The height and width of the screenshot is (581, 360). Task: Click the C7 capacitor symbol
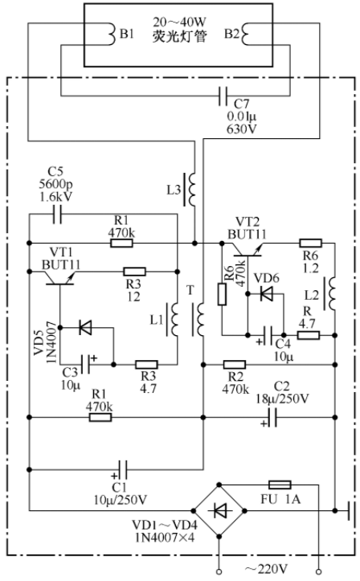(x=223, y=96)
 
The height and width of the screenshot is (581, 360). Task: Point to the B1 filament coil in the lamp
(x=112, y=34)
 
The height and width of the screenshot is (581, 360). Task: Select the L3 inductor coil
(x=192, y=190)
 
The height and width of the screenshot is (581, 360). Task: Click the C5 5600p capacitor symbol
(x=57, y=215)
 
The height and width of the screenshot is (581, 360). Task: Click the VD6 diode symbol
(x=266, y=294)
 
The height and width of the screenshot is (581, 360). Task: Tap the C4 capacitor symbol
(x=269, y=335)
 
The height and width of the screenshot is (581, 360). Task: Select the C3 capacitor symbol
(x=86, y=364)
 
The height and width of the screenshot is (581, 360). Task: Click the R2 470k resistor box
(x=235, y=365)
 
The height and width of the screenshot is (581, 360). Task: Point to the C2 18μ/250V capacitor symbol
(x=272, y=418)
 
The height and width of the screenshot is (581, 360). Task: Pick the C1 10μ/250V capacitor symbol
(x=123, y=470)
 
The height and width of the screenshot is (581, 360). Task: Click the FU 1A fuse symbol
(x=280, y=485)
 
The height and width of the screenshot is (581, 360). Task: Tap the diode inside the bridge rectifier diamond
(x=220, y=511)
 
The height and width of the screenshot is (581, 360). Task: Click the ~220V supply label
(x=265, y=569)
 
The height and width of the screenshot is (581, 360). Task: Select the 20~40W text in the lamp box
(x=179, y=23)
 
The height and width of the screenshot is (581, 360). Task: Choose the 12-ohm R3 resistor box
(x=134, y=272)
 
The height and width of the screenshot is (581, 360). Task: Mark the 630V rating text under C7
(x=242, y=129)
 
